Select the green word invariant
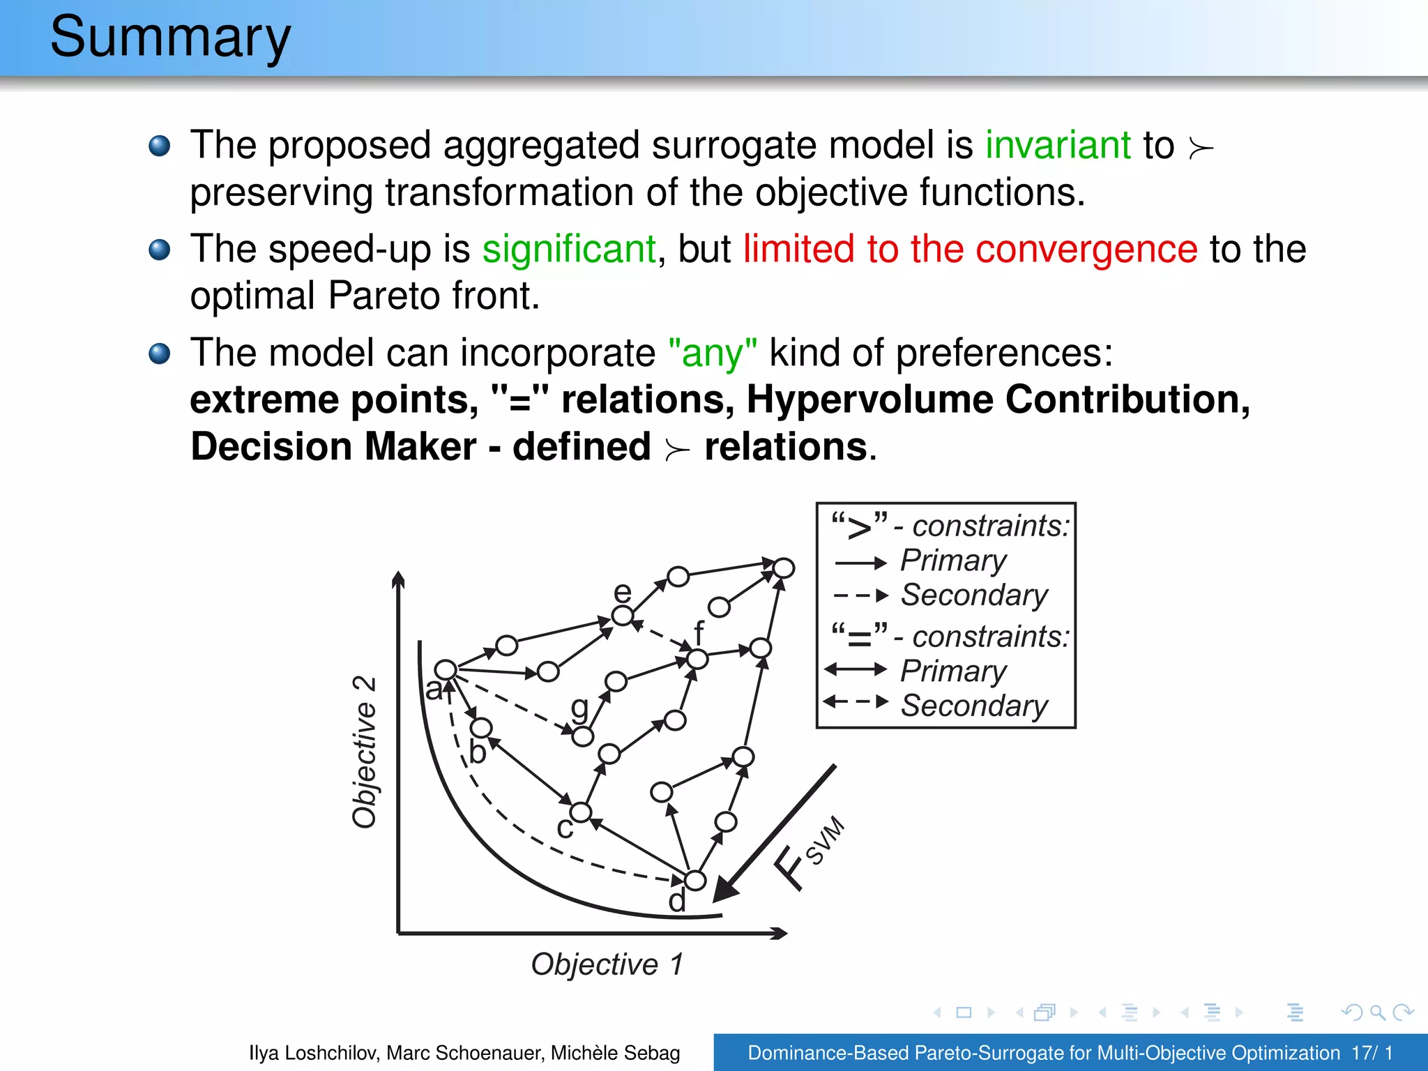[1058, 145]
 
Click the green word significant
[569, 249]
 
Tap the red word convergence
[1086, 249]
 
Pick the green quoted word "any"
[712, 353]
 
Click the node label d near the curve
[677, 901]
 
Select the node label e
[622, 592]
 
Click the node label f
[699, 632]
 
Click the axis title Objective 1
[607, 964]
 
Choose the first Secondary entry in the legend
[973, 595]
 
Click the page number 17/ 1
[1372, 1052]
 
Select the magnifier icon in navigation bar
[1377, 1012]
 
